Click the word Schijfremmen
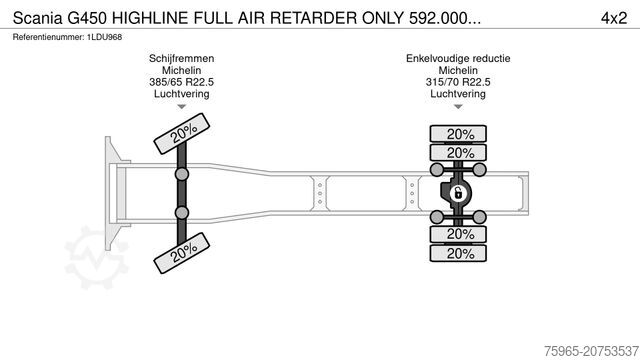tap(181, 59)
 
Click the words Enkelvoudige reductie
tap(458, 59)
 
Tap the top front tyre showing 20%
tap(181, 134)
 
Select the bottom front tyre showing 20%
tap(181, 254)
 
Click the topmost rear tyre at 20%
tap(459, 134)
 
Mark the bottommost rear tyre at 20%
tap(459, 253)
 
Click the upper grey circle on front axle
tap(181, 174)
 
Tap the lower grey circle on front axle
tap(181, 213)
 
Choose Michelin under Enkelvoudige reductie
tap(458, 71)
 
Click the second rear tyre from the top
tap(459, 153)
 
